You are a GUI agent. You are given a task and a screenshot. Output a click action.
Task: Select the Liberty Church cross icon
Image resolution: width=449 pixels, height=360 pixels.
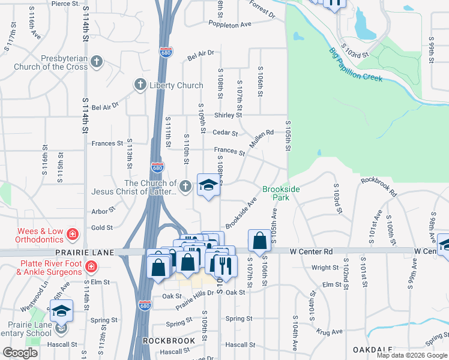pyautogui.click(x=140, y=85)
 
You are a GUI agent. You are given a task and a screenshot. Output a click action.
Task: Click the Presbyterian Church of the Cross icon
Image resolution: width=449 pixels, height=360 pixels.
pyautogui.click(x=96, y=62)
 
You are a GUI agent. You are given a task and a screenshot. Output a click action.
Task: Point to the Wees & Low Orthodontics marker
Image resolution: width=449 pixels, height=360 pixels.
pyautogui.click(x=72, y=233)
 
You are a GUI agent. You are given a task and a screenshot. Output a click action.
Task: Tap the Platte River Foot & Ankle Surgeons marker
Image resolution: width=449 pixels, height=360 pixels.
pyautogui.click(x=91, y=266)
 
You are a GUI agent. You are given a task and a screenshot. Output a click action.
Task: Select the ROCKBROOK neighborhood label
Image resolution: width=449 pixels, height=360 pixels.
pyautogui.click(x=169, y=341)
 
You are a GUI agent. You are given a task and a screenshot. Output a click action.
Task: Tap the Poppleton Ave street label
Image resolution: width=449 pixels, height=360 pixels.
pyautogui.click(x=230, y=25)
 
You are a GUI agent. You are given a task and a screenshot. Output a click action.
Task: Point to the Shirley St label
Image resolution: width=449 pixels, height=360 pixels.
pyautogui.click(x=228, y=115)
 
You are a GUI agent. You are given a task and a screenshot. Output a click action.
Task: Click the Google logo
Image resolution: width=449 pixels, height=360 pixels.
pyautogui.click(x=20, y=353)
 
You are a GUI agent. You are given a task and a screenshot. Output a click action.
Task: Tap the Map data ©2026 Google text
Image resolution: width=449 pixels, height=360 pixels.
pyautogui.click(x=412, y=355)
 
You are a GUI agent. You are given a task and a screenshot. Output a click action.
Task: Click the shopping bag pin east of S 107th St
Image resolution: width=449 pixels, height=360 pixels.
pyautogui.click(x=259, y=241)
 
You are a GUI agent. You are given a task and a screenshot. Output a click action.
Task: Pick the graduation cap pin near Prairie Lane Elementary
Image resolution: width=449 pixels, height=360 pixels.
pyautogui.click(x=61, y=310)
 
